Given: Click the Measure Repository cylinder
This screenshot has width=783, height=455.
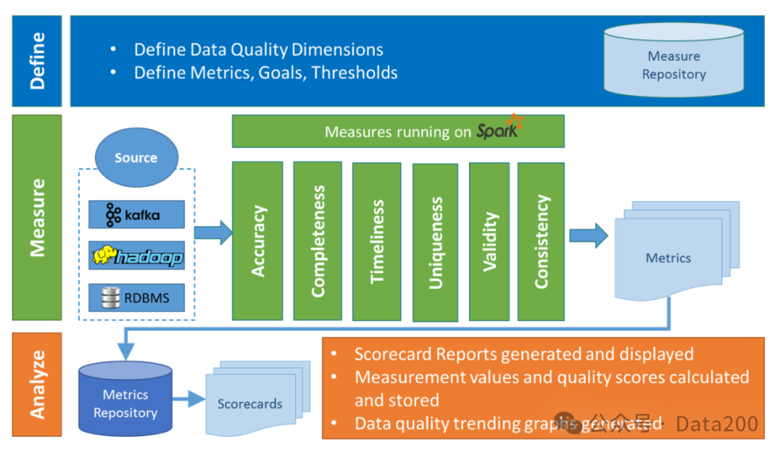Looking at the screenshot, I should [674, 61].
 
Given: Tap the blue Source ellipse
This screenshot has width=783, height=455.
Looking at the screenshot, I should [136, 157].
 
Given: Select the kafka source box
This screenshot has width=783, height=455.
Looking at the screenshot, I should [136, 214].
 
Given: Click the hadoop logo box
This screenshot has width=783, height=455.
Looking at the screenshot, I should [136, 256].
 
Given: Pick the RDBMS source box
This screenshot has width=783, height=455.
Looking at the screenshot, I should [136, 298].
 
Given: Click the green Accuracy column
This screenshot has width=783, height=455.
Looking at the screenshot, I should [257, 241].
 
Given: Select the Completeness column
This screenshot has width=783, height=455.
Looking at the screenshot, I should [318, 241].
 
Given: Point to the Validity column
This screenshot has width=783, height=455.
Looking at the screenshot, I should [492, 241].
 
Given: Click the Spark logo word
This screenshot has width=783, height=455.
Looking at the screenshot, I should [499, 131].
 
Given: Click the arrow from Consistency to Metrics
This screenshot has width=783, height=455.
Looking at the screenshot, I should [588, 235].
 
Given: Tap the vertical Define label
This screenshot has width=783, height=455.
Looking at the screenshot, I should [37, 61].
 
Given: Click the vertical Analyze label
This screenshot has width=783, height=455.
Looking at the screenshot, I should [37, 384].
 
